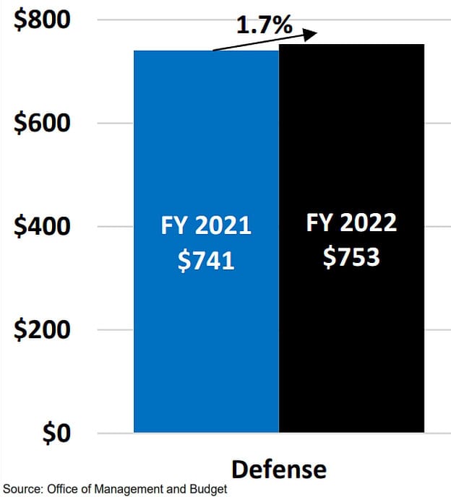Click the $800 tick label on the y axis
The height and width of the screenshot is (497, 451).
click(42, 20)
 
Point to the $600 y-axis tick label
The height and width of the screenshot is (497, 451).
click(42, 123)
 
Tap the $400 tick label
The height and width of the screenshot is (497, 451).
click(42, 226)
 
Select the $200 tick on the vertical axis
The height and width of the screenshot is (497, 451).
click(42, 329)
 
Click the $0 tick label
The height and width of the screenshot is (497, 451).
click(56, 433)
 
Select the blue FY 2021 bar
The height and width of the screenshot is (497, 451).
click(207, 241)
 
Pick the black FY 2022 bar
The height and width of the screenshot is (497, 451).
click(352, 238)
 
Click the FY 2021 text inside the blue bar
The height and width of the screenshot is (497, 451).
click(206, 225)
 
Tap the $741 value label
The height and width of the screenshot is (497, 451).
click(206, 261)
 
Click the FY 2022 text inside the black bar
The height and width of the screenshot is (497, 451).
click(351, 222)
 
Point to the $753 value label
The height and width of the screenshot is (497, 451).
click(351, 257)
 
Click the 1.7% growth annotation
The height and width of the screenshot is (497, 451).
click(265, 25)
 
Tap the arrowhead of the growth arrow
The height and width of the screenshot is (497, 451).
click(310, 34)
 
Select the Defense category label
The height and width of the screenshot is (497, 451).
click(279, 470)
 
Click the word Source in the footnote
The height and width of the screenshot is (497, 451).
click(22, 489)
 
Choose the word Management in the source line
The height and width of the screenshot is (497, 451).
click(129, 489)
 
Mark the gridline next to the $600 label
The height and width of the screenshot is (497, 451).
click(274, 123)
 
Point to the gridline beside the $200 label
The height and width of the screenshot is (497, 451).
click(274, 329)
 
